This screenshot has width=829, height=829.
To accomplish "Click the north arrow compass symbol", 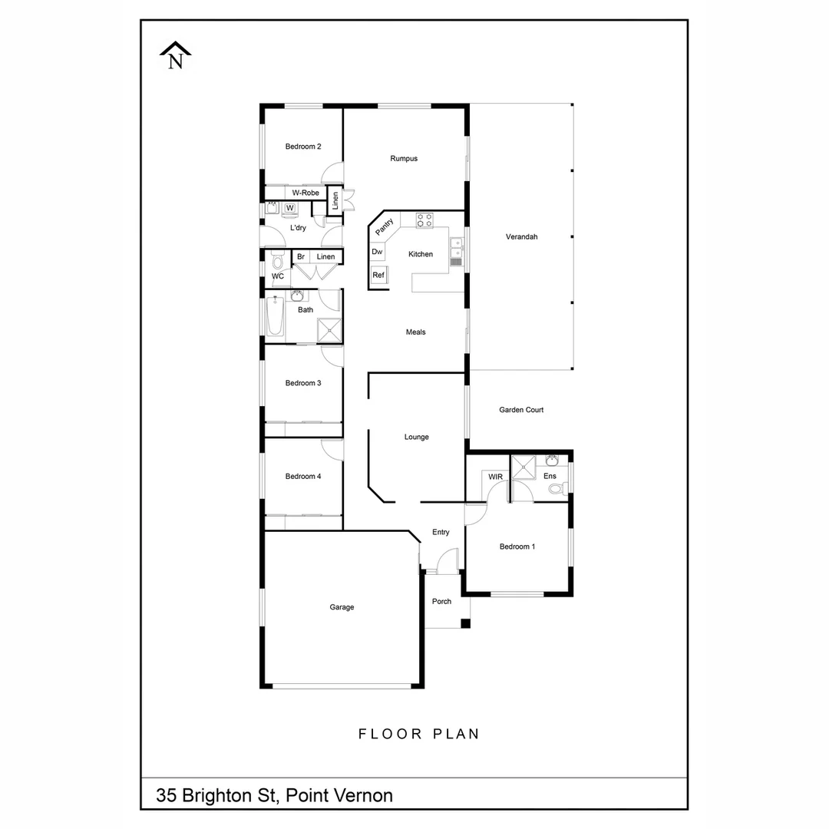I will tap(176, 57).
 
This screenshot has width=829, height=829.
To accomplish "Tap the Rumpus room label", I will tap(404, 159).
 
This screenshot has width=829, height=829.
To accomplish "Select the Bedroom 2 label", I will tap(303, 147).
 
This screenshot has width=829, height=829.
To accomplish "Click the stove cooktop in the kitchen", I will tap(424, 220).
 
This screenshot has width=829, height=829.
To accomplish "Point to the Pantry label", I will tap(385, 227).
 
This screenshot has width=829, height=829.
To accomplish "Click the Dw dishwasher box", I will tap(377, 252).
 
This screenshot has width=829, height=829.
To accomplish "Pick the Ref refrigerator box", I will tap(378, 275).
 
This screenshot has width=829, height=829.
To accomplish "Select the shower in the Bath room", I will tap(329, 329).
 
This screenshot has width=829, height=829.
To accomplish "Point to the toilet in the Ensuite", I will tap(557, 488).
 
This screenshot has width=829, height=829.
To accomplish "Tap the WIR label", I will tap(496, 477).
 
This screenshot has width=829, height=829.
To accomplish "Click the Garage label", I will tap(342, 607).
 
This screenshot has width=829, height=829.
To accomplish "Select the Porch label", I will tap(442, 601).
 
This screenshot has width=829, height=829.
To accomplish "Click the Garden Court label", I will tap(521, 410).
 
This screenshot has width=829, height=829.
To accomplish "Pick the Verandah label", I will tap(521, 237).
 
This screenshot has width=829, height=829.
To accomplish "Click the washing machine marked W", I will tap(290, 208).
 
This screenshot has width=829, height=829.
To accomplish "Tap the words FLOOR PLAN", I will tap(419, 734).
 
